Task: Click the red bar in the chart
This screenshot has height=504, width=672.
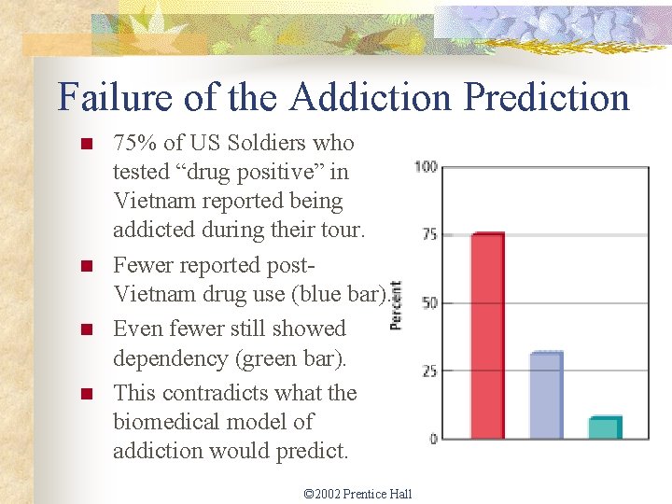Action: pyautogui.click(x=487, y=336)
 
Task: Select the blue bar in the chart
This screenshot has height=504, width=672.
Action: pyautogui.click(x=547, y=396)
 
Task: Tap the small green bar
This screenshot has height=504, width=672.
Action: pyautogui.click(x=604, y=427)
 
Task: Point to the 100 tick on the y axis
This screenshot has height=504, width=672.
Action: pyautogui.click(x=426, y=167)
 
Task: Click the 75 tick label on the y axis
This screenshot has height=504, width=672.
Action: pyautogui.click(x=428, y=235)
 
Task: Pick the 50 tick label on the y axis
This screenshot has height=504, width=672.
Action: pyautogui.click(x=428, y=303)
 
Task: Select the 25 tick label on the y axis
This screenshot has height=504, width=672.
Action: pyautogui.click(x=428, y=371)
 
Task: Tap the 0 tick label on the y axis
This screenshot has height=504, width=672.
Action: pyautogui.click(x=433, y=439)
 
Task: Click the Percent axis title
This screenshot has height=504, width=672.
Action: pyautogui.click(x=396, y=304)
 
